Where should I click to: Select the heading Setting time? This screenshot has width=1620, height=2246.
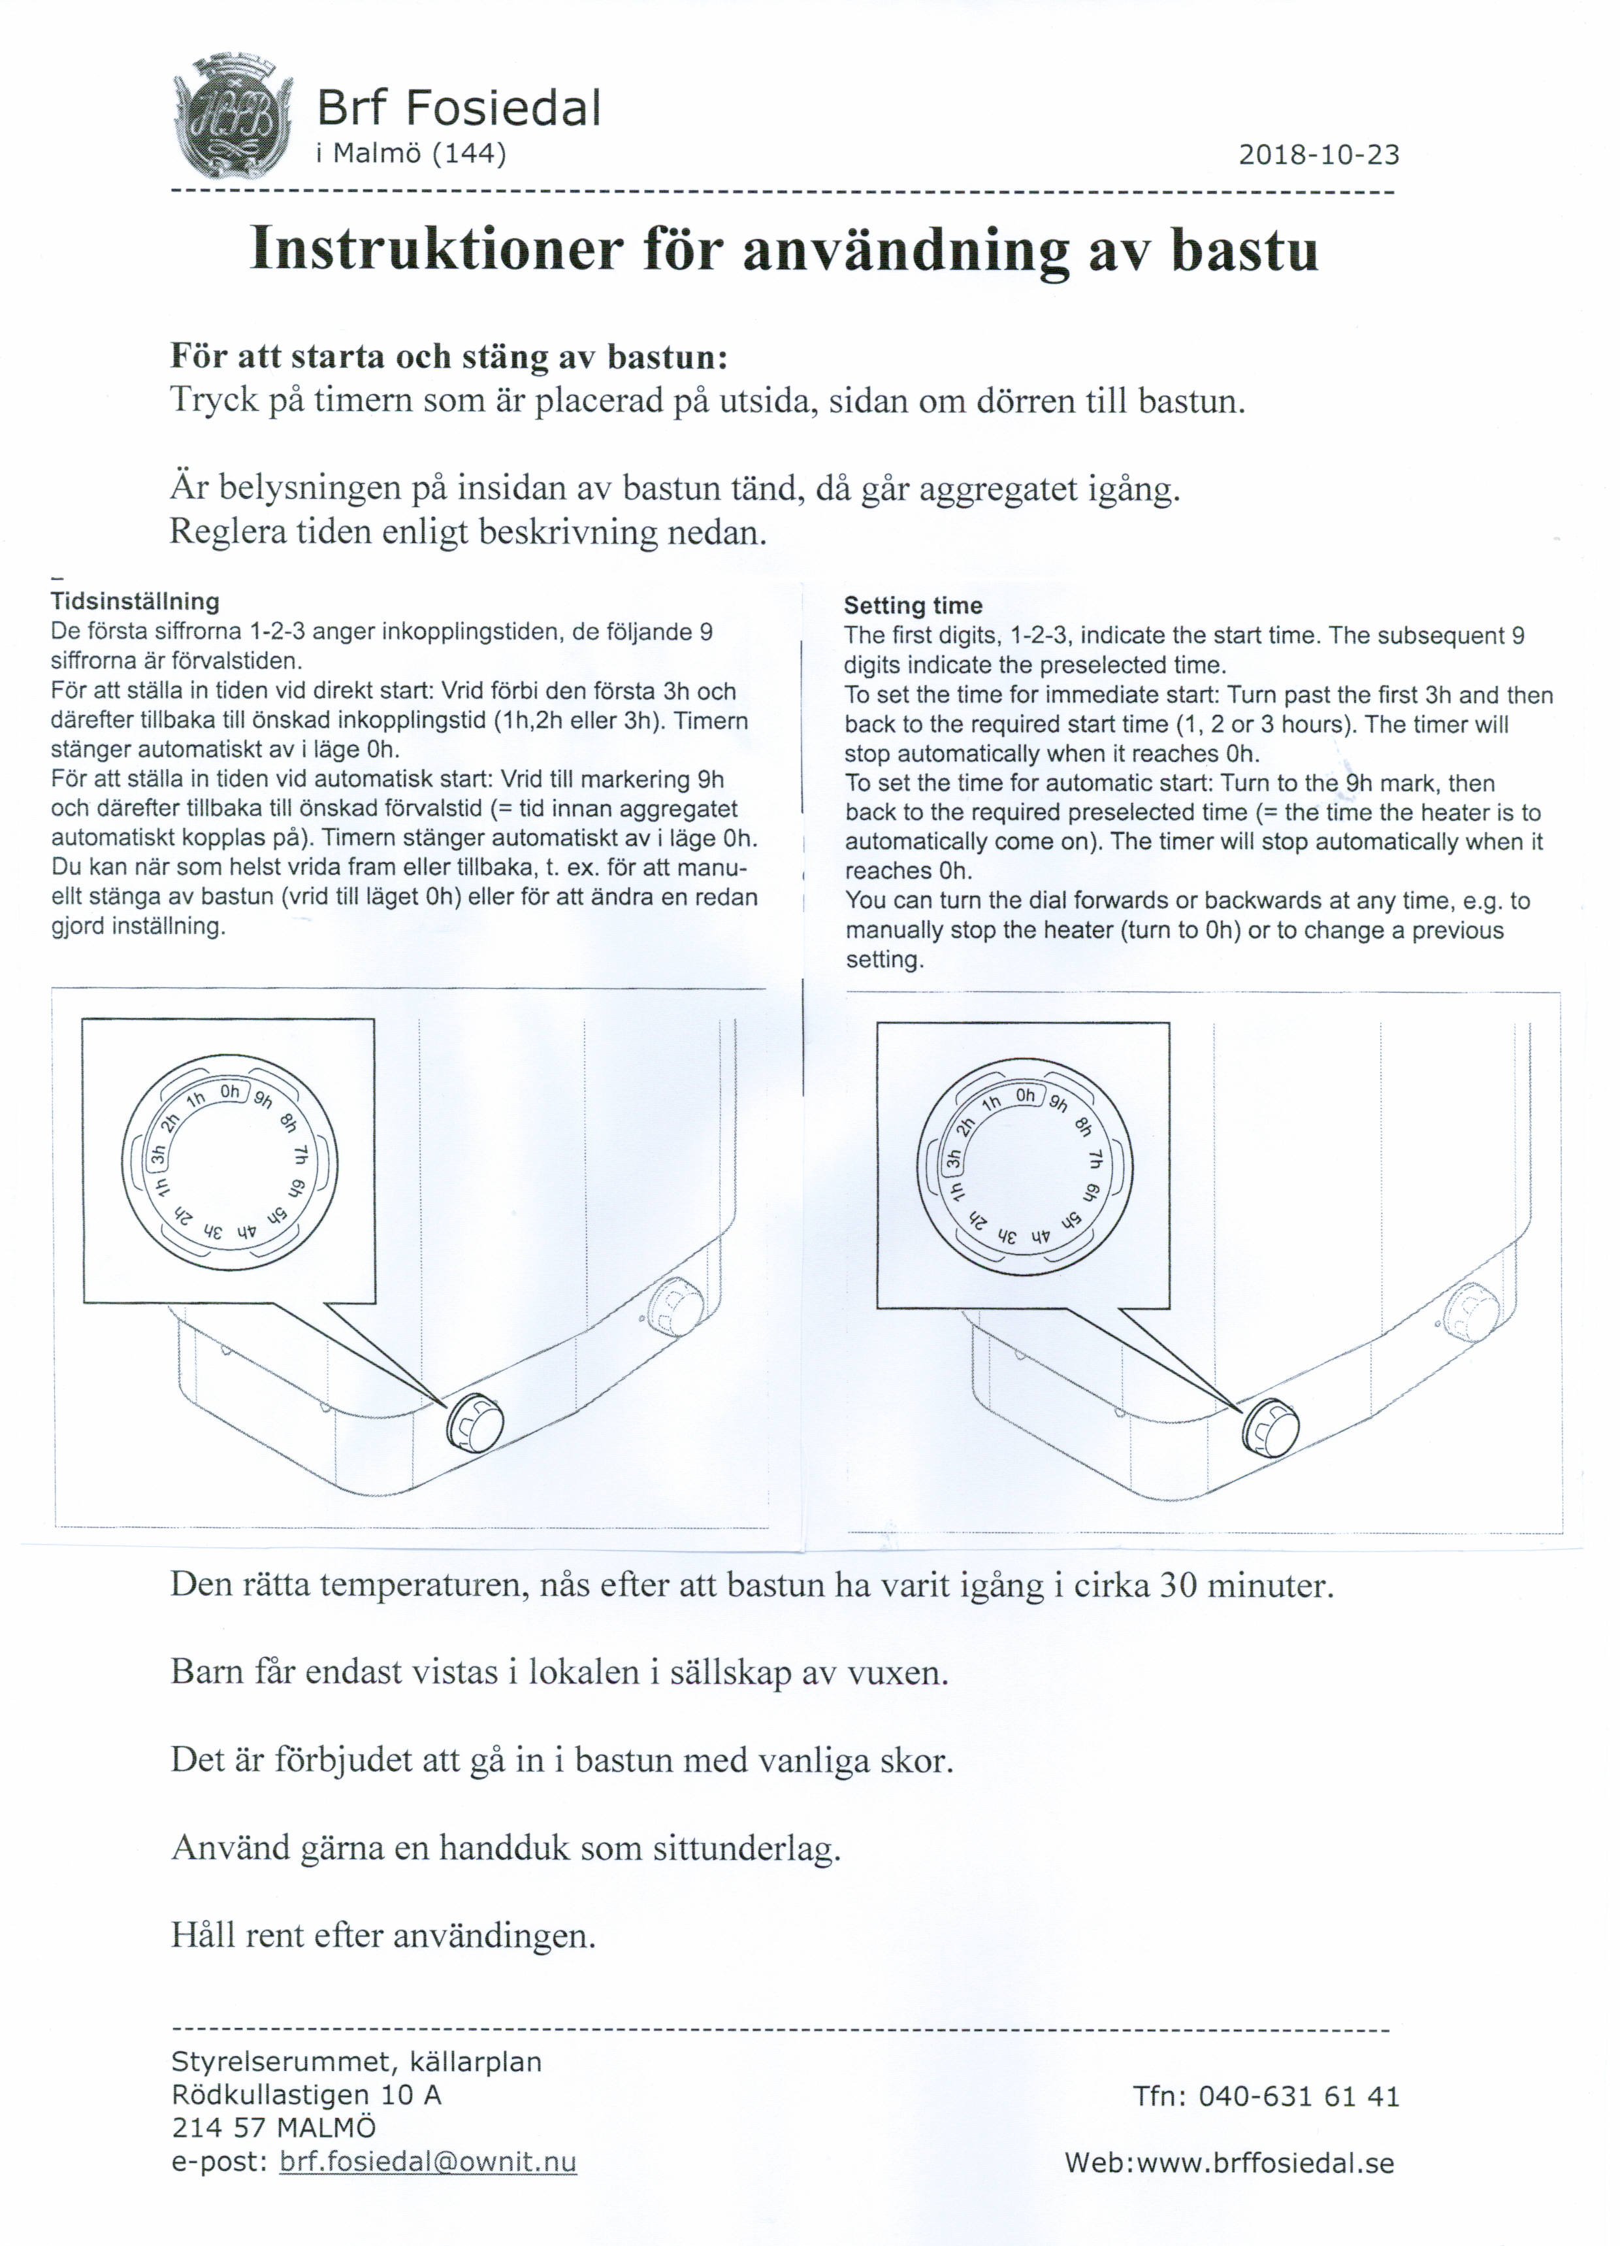[x=912, y=605]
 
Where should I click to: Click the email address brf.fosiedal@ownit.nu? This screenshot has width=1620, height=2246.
[x=428, y=2162]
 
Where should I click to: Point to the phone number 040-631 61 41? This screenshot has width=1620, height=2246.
[x=1298, y=2096]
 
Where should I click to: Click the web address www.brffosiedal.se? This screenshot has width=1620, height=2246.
[x=1265, y=2163]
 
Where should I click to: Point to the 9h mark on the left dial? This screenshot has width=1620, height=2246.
[x=263, y=1099]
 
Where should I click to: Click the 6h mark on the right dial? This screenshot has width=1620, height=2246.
[x=1090, y=1193]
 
